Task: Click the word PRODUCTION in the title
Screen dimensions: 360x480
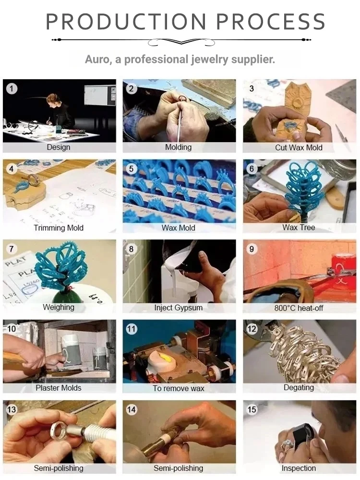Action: [x=126, y=21]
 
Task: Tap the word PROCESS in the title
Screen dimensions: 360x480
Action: [x=271, y=21]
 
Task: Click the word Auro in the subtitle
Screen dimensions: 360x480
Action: [x=98, y=60]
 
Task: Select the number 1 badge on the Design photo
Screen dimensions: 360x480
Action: [x=12, y=89]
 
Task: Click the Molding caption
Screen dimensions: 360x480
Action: [x=179, y=147]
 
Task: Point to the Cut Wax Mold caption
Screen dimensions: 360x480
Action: [x=299, y=147]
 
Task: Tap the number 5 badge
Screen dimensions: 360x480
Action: [x=132, y=168]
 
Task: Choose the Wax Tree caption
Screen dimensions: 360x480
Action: [x=299, y=228]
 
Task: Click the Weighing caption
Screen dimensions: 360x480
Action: [x=59, y=307]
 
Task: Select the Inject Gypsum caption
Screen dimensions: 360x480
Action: [x=179, y=308]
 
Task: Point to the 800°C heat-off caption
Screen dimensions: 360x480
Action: [x=299, y=308]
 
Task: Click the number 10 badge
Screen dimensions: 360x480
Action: [x=12, y=329]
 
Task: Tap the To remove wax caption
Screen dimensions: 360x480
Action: [x=179, y=388]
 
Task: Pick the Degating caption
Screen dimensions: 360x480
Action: [x=299, y=387]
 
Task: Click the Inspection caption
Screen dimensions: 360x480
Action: [x=299, y=468]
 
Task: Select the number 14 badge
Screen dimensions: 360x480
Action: [x=132, y=409]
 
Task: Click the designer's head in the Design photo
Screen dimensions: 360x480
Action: [x=52, y=100]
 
